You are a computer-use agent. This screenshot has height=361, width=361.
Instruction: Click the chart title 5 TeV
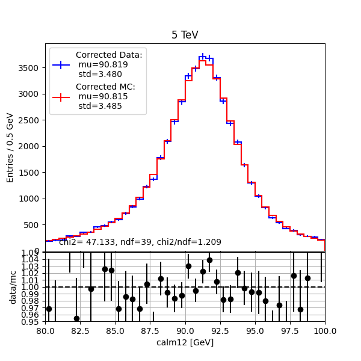pos(185,35)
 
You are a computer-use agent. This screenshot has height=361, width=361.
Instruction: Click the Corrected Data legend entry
pos(109,64)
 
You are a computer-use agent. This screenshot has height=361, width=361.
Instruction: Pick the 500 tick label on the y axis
pos(34,225)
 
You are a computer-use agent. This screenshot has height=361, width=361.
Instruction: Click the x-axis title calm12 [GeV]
pos(185,342)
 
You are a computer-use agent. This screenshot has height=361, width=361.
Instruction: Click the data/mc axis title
pos(13,286)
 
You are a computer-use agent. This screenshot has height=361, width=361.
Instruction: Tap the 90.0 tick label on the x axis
pos(185,330)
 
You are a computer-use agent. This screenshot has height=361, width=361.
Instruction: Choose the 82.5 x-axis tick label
pos(80,330)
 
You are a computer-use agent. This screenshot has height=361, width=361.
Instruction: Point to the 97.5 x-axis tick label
pos(290,330)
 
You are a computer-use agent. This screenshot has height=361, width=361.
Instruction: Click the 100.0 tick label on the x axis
pos(325,330)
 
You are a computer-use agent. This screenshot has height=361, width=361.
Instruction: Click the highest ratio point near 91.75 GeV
pos(209,260)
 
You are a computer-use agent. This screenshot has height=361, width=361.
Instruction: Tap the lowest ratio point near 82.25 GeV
pos(76,318)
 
